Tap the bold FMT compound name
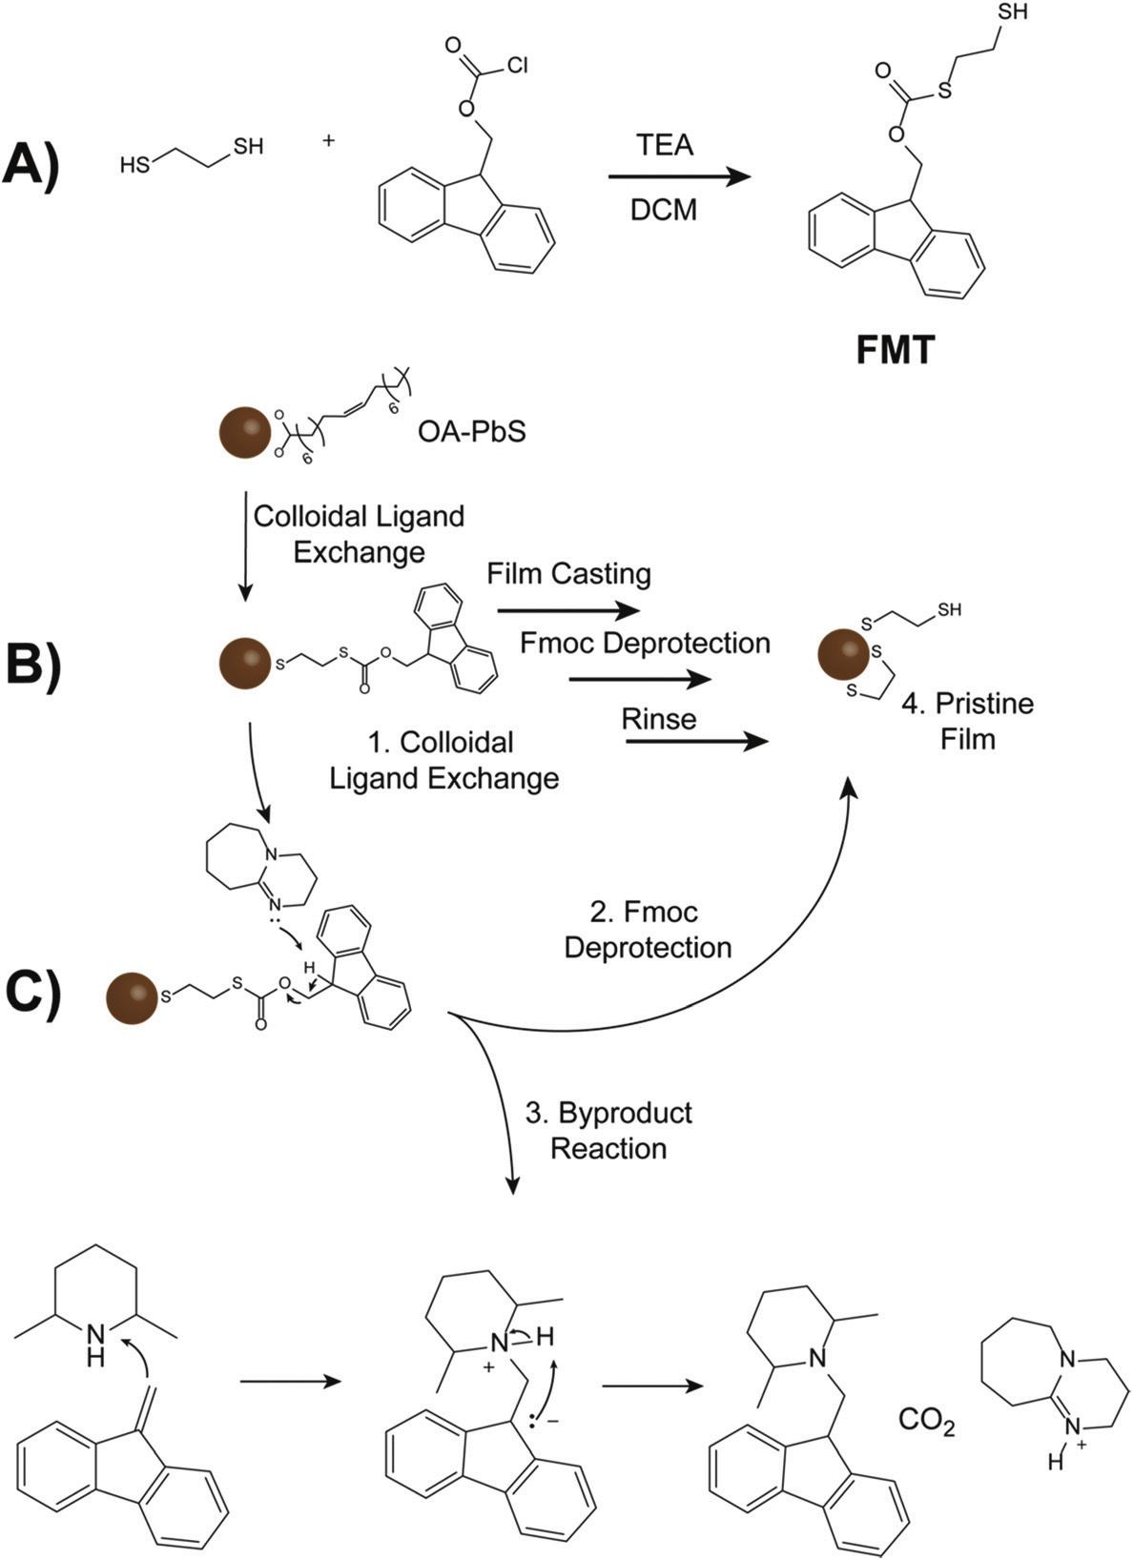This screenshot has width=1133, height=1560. (x=896, y=352)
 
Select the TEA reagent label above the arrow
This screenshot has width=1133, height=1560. (x=665, y=145)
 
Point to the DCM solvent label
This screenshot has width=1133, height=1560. (x=665, y=209)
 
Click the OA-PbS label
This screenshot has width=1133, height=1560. (x=471, y=433)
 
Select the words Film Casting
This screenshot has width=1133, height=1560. (x=568, y=574)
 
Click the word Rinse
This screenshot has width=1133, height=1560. (x=658, y=718)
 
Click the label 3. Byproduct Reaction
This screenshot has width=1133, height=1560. (x=608, y=1130)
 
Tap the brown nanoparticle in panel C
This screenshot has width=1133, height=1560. (x=131, y=998)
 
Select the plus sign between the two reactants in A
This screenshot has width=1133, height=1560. (x=330, y=141)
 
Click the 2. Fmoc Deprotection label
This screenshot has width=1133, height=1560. (x=648, y=930)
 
